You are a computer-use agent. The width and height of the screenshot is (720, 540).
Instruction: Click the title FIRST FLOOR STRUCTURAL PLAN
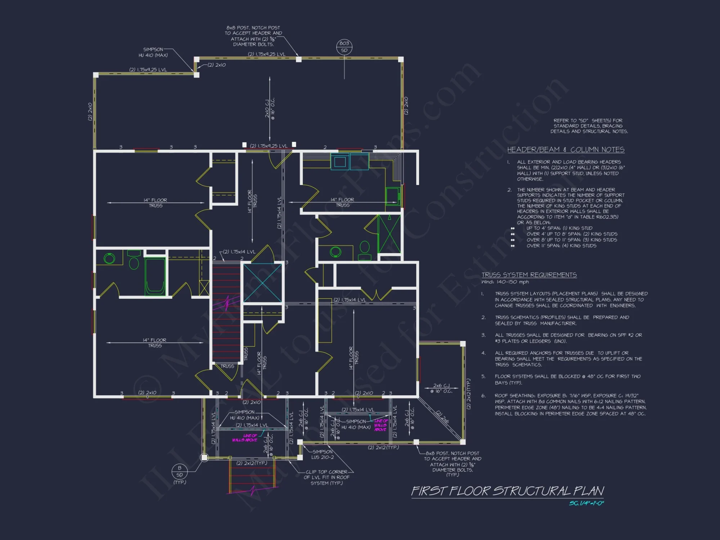tap(508, 491)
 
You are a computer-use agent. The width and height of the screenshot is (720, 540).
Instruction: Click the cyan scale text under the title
tap(586, 503)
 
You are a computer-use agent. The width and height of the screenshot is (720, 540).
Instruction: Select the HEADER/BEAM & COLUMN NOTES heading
tap(566, 150)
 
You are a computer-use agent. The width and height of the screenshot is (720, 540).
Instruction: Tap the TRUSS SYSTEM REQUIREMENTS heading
tap(529, 275)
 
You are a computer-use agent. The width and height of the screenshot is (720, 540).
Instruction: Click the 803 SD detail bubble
tap(344, 47)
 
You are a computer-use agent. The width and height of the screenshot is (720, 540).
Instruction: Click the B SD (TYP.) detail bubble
tap(180, 471)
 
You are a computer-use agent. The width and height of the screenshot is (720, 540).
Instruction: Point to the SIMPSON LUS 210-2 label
tap(323, 454)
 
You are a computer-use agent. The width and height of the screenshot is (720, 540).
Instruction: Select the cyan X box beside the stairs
tap(262, 283)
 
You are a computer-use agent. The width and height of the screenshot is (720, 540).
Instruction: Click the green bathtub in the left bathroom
tap(155, 276)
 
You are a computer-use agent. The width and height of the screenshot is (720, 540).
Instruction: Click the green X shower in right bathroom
tap(389, 234)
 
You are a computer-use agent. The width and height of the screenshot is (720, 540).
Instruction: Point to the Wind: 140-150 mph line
tap(505, 282)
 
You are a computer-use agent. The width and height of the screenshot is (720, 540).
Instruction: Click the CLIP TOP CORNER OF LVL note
tap(327, 477)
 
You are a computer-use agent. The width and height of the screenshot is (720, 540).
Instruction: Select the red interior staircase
tap(226, 313)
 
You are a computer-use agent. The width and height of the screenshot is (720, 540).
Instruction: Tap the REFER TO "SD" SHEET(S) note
tap(589, 126)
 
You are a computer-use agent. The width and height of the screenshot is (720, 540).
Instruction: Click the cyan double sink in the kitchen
tap(349, 161)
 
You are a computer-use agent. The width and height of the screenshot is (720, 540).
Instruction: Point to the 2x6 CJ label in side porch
tap(441, 388)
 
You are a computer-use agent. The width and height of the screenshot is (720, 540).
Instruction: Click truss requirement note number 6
tap(570, 404)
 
